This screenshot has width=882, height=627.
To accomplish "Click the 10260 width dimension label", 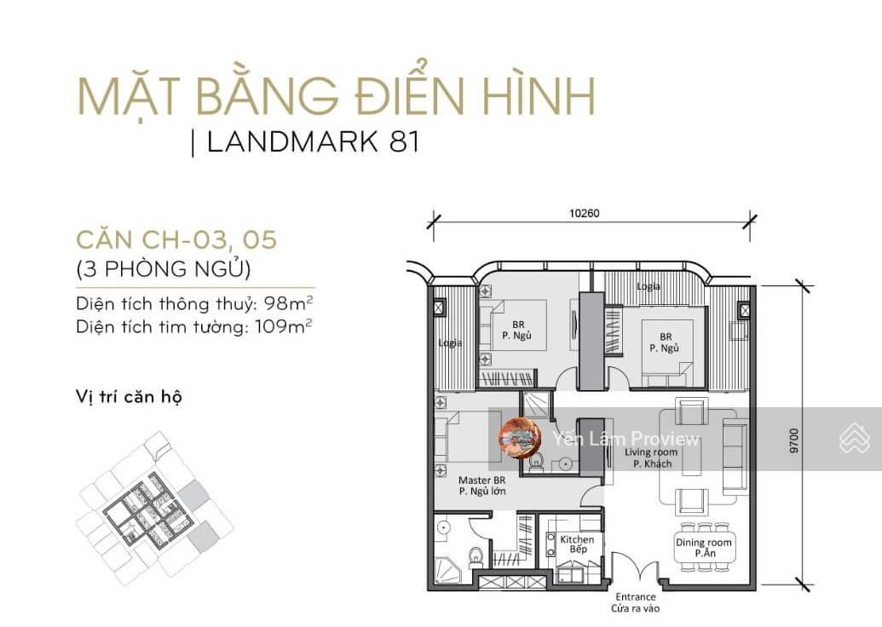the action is [585, 213].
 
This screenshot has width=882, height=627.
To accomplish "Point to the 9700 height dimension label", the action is [793, 441].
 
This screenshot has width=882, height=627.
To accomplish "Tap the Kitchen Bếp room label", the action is [577, 544].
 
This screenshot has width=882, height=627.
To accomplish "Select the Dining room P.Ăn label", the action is [704, 548].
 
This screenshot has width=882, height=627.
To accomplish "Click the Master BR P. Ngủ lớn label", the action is [482, 486].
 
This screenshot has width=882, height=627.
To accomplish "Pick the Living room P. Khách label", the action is [651, 457].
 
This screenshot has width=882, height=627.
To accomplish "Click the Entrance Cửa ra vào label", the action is [636, 603].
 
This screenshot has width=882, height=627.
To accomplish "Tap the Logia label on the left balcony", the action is [450, 343].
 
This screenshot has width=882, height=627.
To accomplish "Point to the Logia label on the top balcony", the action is [649, 286].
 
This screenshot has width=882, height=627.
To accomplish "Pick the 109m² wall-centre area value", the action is [284, 325].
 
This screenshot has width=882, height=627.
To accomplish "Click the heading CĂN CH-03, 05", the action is [176, 239].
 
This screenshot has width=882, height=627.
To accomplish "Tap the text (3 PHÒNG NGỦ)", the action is [163, 268].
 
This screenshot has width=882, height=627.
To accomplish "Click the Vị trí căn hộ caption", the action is [129, 397].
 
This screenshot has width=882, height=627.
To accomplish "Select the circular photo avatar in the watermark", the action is [521, 439].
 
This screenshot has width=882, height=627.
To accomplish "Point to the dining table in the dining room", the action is [704, 548].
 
